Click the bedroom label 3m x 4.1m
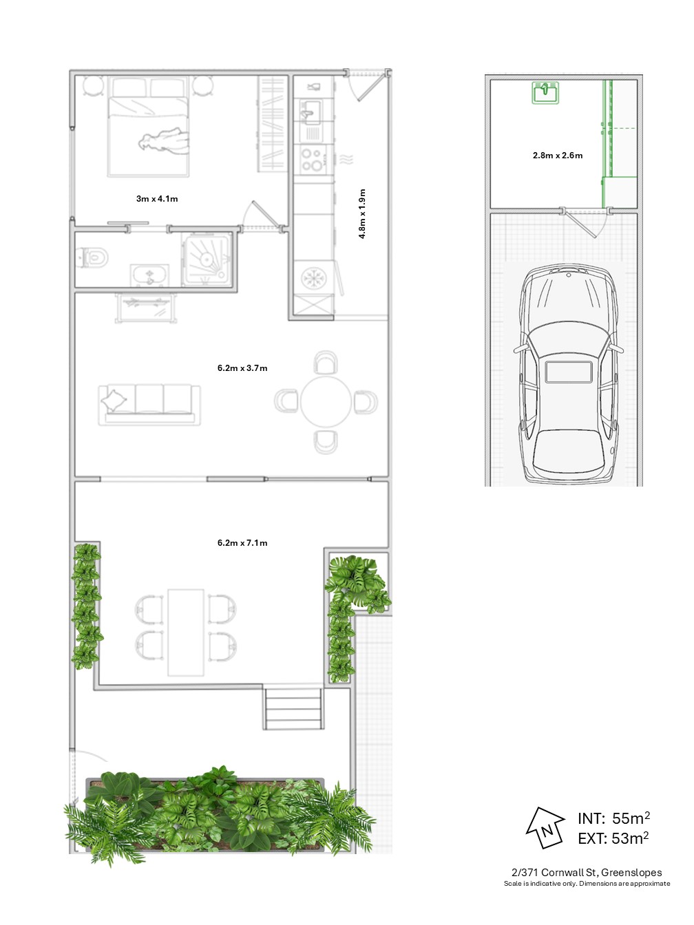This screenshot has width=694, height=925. (157, 198)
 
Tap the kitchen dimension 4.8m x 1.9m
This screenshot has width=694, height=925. (362, 213)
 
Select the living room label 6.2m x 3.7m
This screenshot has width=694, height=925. (242, 368)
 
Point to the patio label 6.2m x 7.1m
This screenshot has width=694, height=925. (242, 543)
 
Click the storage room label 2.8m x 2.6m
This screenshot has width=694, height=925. (558, 155)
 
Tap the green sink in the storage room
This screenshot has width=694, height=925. (545, 93)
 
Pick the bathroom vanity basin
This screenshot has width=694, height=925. (149, 276)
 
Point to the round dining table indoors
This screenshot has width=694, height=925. (326, 402)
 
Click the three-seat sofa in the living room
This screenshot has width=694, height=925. (149, 404)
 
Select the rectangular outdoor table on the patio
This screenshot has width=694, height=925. (186, 632)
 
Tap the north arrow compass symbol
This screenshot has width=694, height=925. (545, 828)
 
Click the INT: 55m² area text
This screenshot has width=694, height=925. (613, 818)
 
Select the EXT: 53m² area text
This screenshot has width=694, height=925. (613, 838)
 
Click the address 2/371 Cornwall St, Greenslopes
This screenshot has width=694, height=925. (587, 873)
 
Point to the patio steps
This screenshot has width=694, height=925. (294, 708)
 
